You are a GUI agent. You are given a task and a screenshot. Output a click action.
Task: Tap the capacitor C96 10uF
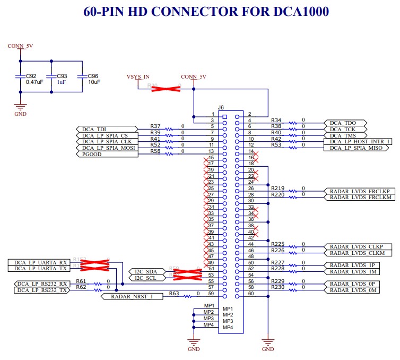82,79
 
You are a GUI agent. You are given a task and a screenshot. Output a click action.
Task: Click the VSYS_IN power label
137,77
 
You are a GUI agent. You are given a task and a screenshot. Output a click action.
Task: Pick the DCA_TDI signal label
95,129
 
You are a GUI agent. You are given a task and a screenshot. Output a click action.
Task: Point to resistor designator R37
155,126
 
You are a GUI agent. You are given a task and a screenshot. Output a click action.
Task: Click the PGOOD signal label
90,155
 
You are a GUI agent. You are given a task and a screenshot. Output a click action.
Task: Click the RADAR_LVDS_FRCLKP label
360,191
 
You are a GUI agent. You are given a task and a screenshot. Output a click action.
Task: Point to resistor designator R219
277,188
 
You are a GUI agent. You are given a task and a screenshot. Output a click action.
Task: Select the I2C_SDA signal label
145,271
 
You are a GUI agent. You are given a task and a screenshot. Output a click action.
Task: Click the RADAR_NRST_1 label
129,296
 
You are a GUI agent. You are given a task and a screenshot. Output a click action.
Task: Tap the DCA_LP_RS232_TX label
42,290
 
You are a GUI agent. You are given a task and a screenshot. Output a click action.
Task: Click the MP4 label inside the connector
228,327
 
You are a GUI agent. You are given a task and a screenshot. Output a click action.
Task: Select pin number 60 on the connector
251,293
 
